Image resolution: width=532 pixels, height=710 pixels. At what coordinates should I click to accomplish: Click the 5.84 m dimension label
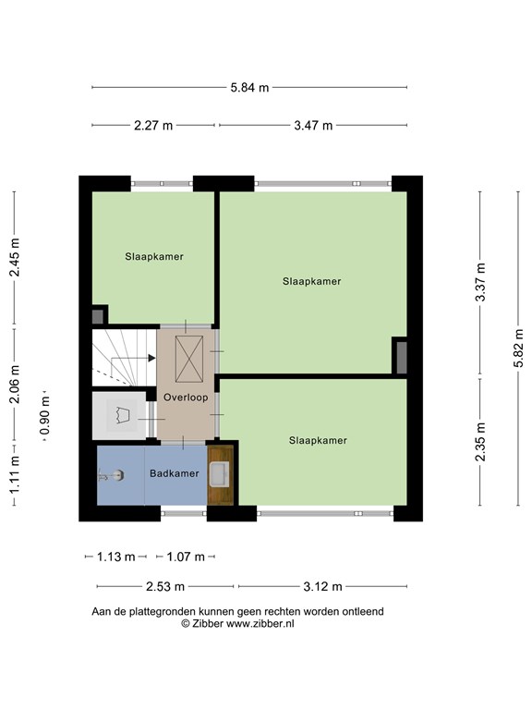pyautogui.click(x=249, y=88)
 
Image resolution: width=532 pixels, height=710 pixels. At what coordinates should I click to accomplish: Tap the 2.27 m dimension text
pyautogui.click(x=153, y=125)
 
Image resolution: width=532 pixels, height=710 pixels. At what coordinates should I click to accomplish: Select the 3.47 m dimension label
pyautogui.click(x=313, y=125)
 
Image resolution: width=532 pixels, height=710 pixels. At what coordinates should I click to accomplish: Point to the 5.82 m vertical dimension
pyautogui.click(x=518, y=349)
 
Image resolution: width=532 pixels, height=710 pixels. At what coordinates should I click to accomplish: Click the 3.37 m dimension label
pyautogui.click(x=480, y=282)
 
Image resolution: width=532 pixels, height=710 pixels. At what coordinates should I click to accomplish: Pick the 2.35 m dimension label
pyautogui.click(x=480, y=442)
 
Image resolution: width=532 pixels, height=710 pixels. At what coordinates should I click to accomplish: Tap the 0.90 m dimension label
pyautogui.click(x=44, y=415)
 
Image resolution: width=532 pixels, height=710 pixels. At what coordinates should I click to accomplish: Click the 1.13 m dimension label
pyautogui.click(x=116, y=557)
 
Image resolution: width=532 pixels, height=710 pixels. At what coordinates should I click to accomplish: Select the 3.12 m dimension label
pyautogui.click(x=322, y=587)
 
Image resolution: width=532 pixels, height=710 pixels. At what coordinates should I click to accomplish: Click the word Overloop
pyautogui.click(x=186, y=398)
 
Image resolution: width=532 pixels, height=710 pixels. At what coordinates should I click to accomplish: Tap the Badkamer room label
pyautogui.click(x=175, y=473)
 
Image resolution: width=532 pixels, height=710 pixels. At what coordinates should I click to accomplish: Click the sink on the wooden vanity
pyautogui.click(x=221, y=474)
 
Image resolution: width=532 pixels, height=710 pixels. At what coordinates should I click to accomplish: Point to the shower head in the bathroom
pyautogui.click(x=111, y=476)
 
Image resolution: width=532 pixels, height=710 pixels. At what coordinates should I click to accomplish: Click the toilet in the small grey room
pyautogui.click(x=121, y=415)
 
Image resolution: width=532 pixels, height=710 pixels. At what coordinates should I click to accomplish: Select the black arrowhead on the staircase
pyautogui.click(x=151, y=358)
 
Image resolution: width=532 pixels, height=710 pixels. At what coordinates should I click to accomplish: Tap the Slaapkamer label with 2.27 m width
pyautogui.click(x=154, y=257)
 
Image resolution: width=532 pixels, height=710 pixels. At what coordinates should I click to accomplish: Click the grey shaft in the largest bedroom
pyautogui.click(x=402, y=358)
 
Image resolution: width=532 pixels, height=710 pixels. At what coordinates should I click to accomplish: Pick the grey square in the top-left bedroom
pyautogui.click(x=98, y=316)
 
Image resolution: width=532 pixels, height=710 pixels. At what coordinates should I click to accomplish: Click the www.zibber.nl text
pyautogui.click(x=260, y=623)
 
